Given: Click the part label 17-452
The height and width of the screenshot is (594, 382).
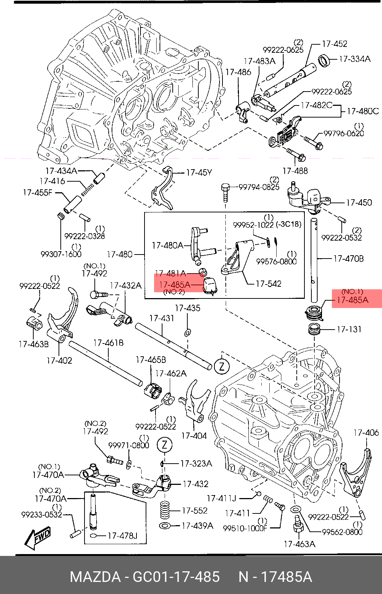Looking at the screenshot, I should [x=334, y=44].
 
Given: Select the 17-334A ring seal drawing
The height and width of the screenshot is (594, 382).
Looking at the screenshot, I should [x=324, y=60].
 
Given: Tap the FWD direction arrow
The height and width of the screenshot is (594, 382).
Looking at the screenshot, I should [x=38, y=538].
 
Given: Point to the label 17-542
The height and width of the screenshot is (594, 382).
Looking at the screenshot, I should [x=269, y=284].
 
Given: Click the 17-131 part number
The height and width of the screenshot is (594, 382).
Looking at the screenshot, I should [x=349, y=329].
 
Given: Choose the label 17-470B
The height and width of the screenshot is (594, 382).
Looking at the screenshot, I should [x=348, y=259].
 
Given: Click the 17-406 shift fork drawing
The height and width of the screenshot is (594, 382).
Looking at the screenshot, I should [x=356, y=472].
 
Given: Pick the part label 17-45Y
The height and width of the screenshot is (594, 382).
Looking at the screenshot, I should [x=199, y=172].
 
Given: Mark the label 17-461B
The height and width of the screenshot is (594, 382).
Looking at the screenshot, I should [x=108, y=343].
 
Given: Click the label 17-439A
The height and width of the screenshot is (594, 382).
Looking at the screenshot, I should [x=197, y=526].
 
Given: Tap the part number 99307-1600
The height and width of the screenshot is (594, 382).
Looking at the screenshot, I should [x=61, y=254].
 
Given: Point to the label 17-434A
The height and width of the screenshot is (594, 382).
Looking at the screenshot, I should [x=61, y=171].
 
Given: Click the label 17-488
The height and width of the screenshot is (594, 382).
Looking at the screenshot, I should [x=295, y=171].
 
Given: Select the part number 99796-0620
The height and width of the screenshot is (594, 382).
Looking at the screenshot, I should [x=344, y=134].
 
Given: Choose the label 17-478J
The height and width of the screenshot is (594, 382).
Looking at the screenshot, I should [x=122, y=536].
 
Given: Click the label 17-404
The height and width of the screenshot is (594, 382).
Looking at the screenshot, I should [x=194, y=436].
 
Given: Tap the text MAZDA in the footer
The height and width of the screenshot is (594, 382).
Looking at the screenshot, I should [x=95, y=577].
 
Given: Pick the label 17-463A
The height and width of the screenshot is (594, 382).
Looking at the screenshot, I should [x=299, y=544].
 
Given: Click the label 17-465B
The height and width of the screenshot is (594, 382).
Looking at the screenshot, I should [x=151, y=360].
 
